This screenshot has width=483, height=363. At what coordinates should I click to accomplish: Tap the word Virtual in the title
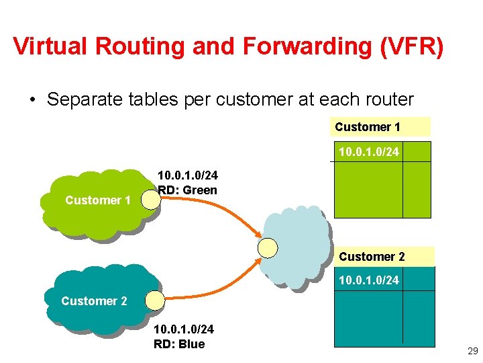pos(51,46)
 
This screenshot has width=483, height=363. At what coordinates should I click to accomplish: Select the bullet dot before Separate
pos(32,100)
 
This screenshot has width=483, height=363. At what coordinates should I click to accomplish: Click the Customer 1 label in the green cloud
pos(98,200)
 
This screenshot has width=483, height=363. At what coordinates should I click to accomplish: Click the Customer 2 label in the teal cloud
pos(94,301)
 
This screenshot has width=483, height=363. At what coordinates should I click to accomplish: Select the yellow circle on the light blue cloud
pos(268,248)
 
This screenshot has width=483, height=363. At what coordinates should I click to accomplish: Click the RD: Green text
pos(187,190)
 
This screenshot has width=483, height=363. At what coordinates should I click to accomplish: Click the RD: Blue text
pos(179,344)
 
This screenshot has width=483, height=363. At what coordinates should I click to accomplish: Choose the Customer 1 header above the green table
pos(368,127)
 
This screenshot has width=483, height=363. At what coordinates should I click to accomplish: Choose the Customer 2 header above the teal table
pos(372,257)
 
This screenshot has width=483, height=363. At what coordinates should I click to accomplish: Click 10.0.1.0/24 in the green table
pos(368,152)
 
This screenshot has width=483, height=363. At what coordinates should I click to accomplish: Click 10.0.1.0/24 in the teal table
pos(368,280)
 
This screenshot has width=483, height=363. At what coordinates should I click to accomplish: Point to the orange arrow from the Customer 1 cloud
pos(215,209)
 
